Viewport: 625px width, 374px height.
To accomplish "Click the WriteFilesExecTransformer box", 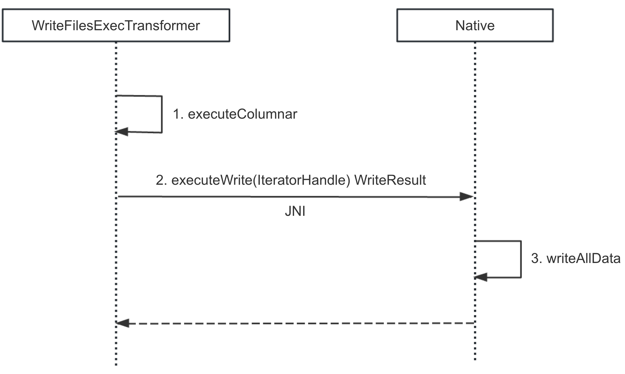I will (x=116, y=25).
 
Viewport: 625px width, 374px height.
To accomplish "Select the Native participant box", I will (x=475, y=25).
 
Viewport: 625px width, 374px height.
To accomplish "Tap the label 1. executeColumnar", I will (x=235, y=114).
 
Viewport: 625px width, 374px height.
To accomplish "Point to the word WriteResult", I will (x=390, y=180).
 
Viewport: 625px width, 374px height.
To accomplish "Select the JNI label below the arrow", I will (x=295, y=211).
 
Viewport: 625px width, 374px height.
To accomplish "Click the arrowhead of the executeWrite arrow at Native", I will (x=467, y=197).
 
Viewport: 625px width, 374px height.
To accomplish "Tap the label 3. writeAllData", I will (x=576, y=258).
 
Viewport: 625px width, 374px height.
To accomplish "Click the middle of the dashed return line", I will (x=295, y=323).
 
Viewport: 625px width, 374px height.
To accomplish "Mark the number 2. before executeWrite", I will (x=161, y=180).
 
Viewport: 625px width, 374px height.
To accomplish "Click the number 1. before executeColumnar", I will (x=178, y=114).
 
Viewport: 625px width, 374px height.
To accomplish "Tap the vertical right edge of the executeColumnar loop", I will (x=162, y=114).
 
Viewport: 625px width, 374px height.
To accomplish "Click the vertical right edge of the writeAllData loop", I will (x=521, y=259).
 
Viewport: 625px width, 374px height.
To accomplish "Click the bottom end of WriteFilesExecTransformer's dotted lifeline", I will (x=116, y=364).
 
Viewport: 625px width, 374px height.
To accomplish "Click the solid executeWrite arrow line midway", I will (x=295, y=197).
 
